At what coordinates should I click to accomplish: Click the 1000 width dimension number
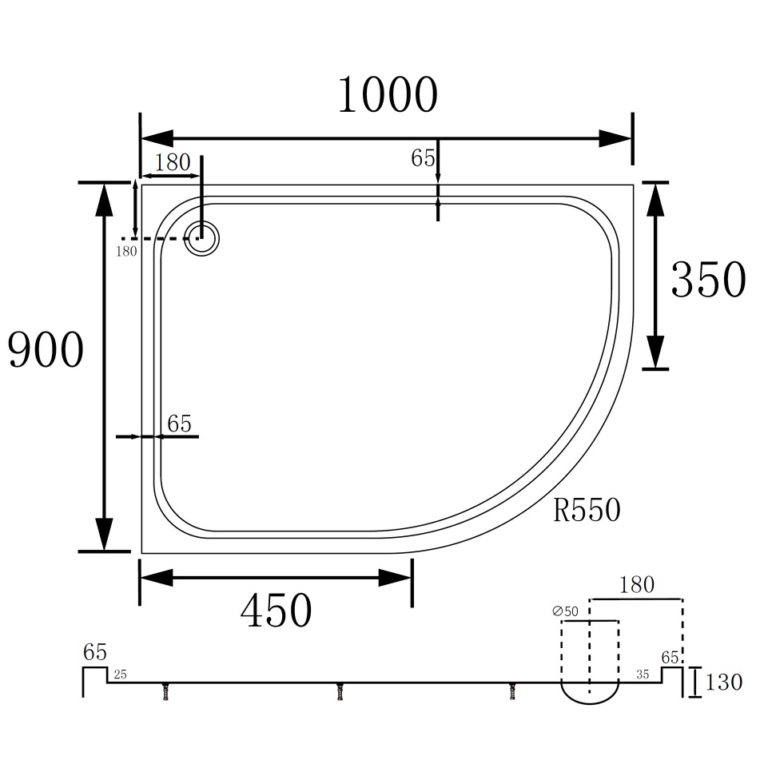point(388,96)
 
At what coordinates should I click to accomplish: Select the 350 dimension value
point(708,280)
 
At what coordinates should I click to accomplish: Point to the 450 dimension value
point(276,611)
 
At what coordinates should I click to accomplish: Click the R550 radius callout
point(587,510)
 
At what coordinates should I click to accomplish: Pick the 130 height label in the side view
point(724,682)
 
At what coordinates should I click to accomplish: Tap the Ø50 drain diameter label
point(565,611)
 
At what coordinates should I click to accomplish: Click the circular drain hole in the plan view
point(201,237)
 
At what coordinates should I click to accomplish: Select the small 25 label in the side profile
point(120,675)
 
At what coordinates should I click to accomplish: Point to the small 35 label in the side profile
point(643,675)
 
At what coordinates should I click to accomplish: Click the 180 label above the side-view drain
point(637,585)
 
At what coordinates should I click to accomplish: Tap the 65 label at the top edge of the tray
point(423,158)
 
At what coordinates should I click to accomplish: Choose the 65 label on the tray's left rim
point(180,424)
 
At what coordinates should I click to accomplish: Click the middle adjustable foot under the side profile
point(340,691)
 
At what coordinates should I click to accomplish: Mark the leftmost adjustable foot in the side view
point(166,691)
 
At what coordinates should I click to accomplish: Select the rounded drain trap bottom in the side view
point(590,694)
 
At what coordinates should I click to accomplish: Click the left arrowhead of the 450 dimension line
point(157,577)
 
